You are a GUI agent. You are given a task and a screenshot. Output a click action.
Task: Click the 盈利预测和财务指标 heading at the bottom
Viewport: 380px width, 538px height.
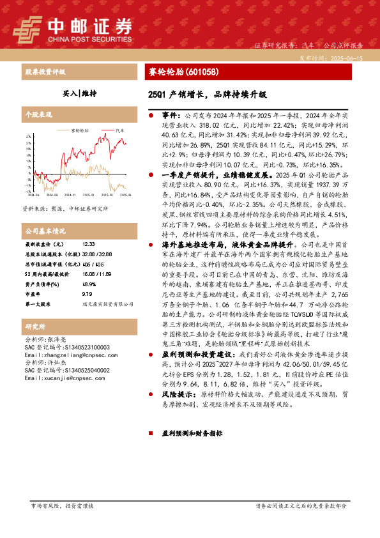(192, 433)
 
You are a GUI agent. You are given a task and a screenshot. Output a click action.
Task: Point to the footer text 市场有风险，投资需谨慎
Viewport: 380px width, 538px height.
(62, 505)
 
